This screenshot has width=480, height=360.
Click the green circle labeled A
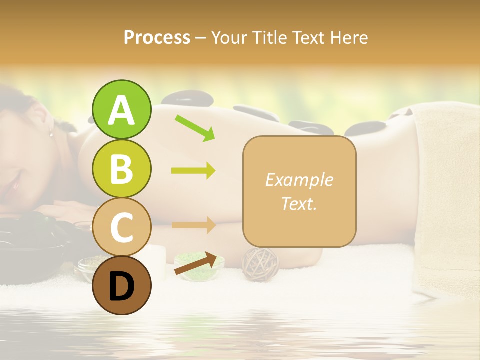tap(121, 109)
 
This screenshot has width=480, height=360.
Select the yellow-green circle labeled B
tap(121, 168)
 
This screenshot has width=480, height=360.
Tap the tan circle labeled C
tap(121, 227)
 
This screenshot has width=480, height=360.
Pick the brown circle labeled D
tap(121, 285)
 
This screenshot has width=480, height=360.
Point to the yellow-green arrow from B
tap(193, 171)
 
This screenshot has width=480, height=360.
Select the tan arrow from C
tap(193, 225)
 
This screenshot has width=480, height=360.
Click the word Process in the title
tap(157, 38)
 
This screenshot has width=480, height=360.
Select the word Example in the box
tap(299, 180)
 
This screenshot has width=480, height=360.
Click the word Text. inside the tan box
tap(299, 203)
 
